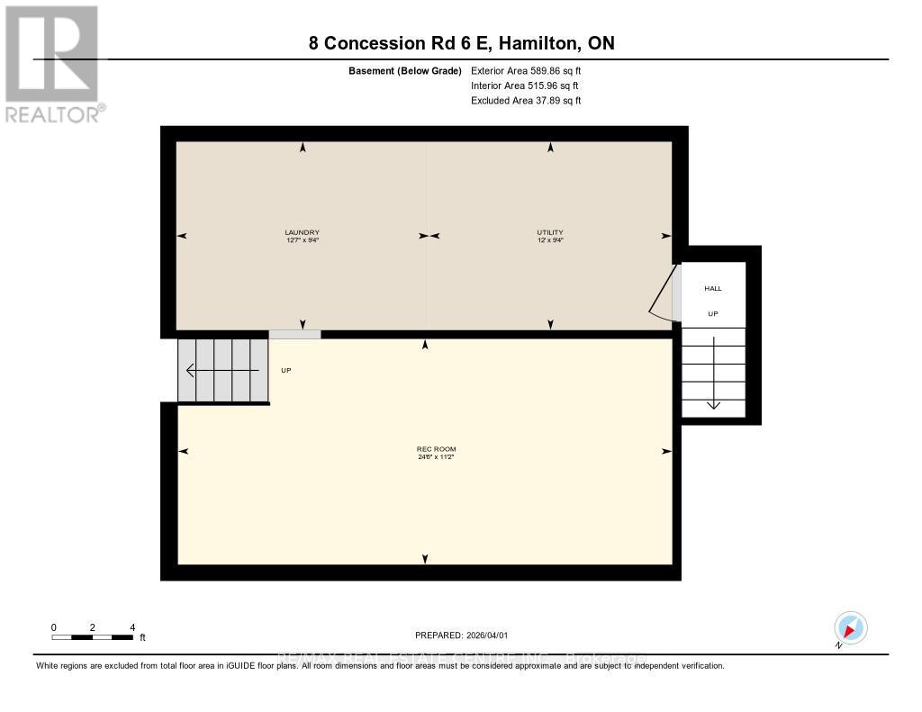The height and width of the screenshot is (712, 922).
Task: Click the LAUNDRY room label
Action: click(x=303, y=232)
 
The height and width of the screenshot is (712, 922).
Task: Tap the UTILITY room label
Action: click(x=550, y=232)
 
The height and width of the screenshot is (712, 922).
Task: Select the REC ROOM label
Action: click(x=429, y=449)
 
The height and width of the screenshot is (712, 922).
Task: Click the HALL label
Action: click(x=712, y=288)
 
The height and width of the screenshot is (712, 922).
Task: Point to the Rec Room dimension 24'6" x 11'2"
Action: click(x=429, y=457)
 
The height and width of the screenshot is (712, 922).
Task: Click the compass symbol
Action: click(x=850, y=627)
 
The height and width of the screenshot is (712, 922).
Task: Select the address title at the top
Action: click(x=461, y=43)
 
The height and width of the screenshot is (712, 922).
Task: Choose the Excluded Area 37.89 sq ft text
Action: click(x=526, y=101)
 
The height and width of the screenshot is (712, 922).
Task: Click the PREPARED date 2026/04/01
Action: click(x=467, y=635)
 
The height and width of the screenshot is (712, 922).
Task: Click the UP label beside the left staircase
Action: click(x=286, y=370)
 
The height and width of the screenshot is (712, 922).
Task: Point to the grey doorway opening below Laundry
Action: click(x=294, y=334)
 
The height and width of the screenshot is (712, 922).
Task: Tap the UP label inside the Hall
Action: click(x=712, y=314)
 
